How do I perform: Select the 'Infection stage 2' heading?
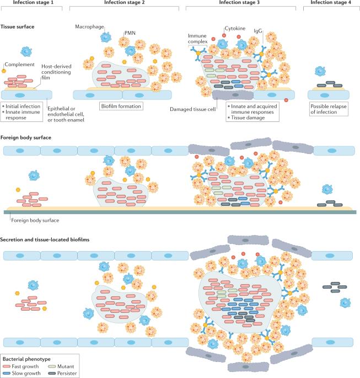click(126, 3)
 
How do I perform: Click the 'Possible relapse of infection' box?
click(330, 108)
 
